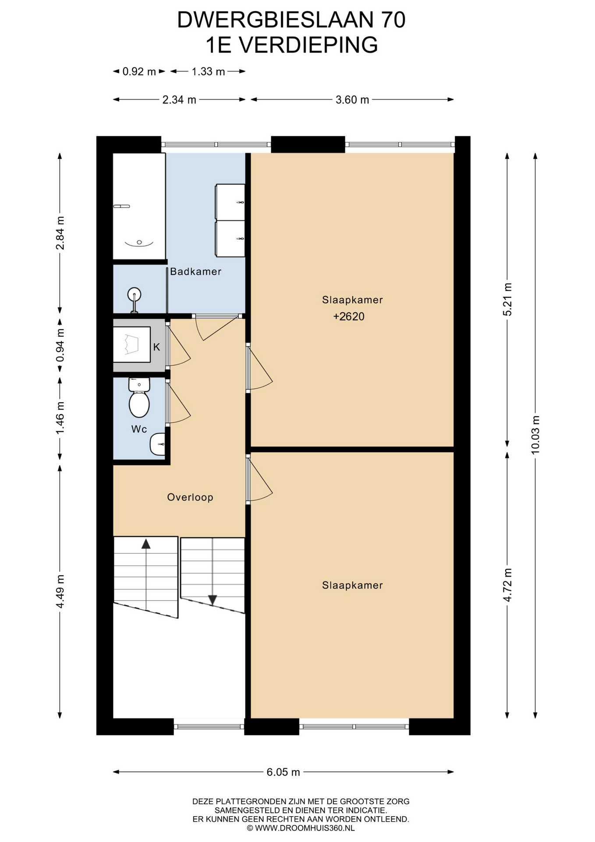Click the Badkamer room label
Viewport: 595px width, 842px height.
pyautogui.click(x=195, y=271)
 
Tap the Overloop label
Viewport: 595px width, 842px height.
pyautogui.click(x=190, y=497)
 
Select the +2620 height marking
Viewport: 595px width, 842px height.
pyautogui.click(x=349, y=317)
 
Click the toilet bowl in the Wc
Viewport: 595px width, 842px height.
pyautogui.click(x=139, y=404)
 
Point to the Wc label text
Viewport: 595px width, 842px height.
pyautogui.click(x=139, y=429)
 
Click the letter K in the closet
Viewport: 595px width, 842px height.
pyautogui.click(x=156, y=347)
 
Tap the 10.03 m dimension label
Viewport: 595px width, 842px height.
pyautogui.click(x=535, y=435)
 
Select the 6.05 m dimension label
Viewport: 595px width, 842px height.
pyautogui.click(x=283, y=772)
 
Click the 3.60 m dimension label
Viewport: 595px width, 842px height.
pyautogui.click(x=352, y=100)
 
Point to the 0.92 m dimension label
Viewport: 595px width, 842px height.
pyautogui.click(x=139, y=71)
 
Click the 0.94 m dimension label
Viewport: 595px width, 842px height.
pyautogui.click(x=60, y=345)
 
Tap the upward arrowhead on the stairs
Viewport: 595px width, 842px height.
pyautogui.click(x=146, y=544)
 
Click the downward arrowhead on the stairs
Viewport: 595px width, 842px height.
pyautogui.click(x=212, y=600)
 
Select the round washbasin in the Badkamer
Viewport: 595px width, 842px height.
pyautogui.click(x=134, y=293)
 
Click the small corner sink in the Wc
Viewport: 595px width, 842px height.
pyautogui.click(x=158, y=444)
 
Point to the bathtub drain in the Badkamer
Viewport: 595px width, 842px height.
pyautogui.click(x=139, y=242)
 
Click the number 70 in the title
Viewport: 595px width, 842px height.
pyautogui.click(x=393, y=20)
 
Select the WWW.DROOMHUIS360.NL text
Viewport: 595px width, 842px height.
pyautogui.click(x=305, y=828)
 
